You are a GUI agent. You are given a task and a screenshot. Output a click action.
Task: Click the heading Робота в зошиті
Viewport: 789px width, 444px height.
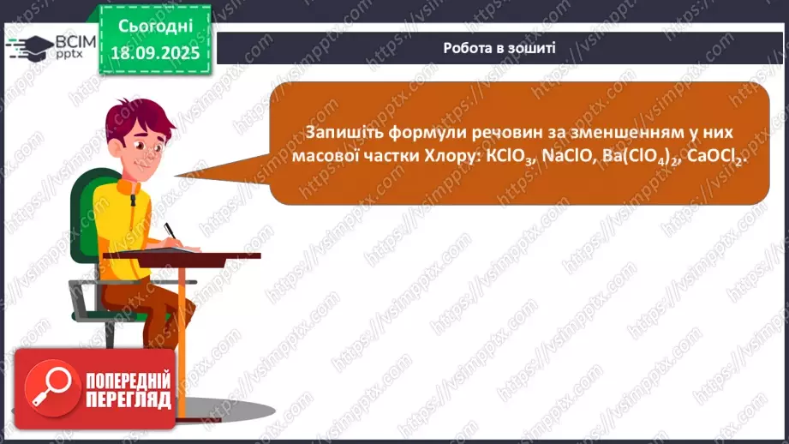pyautogui.click(x=499, y=48)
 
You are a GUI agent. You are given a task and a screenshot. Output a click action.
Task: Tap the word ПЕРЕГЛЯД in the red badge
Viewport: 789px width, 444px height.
pyautogui.click(x=129, y=399)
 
